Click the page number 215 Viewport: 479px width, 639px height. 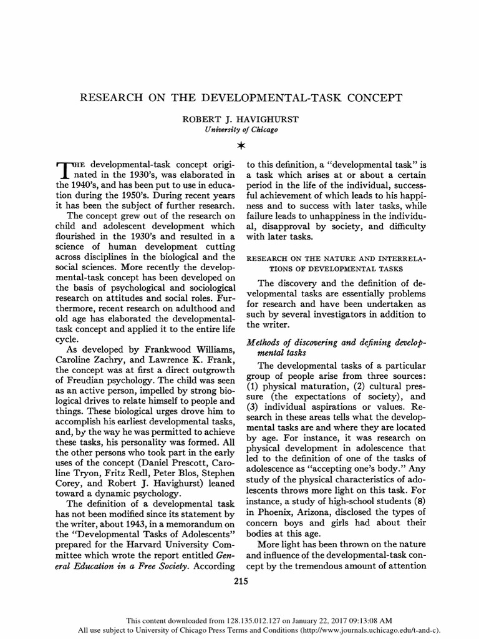(239, 582)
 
